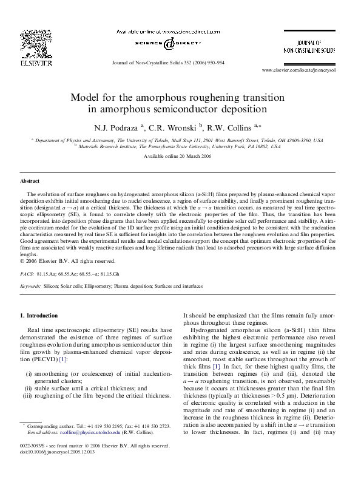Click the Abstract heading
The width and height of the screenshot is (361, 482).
[x=30, y=181]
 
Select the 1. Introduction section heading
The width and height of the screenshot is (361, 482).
[x=39, y=316]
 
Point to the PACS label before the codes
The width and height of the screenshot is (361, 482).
[x=27, y=274]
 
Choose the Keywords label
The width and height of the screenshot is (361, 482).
[x=31, y=285]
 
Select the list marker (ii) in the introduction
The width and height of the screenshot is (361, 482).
[x=28, y=387]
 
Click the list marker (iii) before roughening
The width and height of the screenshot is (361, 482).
[x=27, y=396]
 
